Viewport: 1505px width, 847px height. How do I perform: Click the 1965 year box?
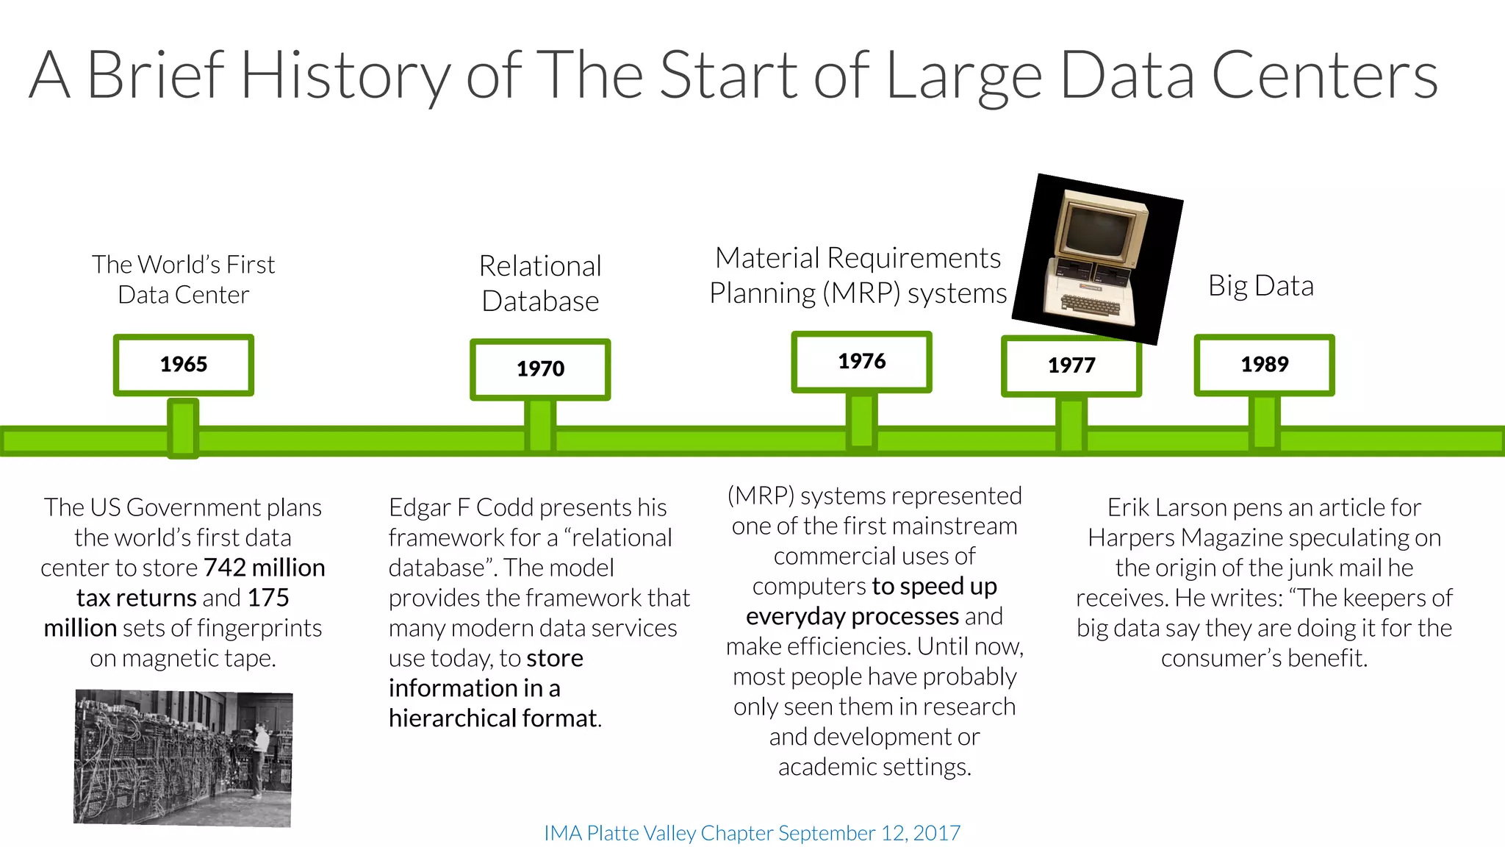(x=184, y=365)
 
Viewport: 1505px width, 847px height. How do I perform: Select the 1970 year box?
(x=540, y=369)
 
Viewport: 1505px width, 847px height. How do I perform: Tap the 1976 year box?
(x=861, y=361)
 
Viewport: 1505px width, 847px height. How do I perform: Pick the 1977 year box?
(x=1071, y=365)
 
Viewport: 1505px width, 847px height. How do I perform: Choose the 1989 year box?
(x=1264, y=365)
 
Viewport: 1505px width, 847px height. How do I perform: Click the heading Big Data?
(x=1260, y=286)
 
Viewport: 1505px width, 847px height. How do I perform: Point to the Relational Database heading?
(x=540, y=283)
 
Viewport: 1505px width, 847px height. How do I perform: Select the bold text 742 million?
(x=264, y=568)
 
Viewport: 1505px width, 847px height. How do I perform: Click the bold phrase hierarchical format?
(x=493, y=718)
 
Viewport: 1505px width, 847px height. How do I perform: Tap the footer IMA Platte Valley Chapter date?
(x=752, y=833)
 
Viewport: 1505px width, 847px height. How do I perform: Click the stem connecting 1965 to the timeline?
(x=183, y=428)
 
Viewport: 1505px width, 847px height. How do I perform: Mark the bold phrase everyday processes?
(x=852, y=616)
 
